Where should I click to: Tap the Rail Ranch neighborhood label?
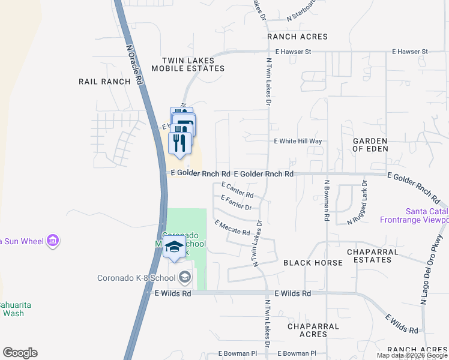point(104,82)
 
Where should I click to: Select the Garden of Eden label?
point(370,145)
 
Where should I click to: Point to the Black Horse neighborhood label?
point(313,263)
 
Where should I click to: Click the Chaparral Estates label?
point(365,255)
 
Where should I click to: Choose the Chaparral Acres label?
point(314,330)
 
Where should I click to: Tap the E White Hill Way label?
point(298,142)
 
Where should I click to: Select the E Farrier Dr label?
point(235,203)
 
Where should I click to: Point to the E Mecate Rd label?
point(232,227)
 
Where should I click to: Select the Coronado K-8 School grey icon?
point(184,277)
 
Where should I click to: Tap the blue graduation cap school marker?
point(174,247)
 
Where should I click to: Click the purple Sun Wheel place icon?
point(53,241)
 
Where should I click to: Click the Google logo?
point(20,353)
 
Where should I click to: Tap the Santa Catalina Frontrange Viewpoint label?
point(427,215)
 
